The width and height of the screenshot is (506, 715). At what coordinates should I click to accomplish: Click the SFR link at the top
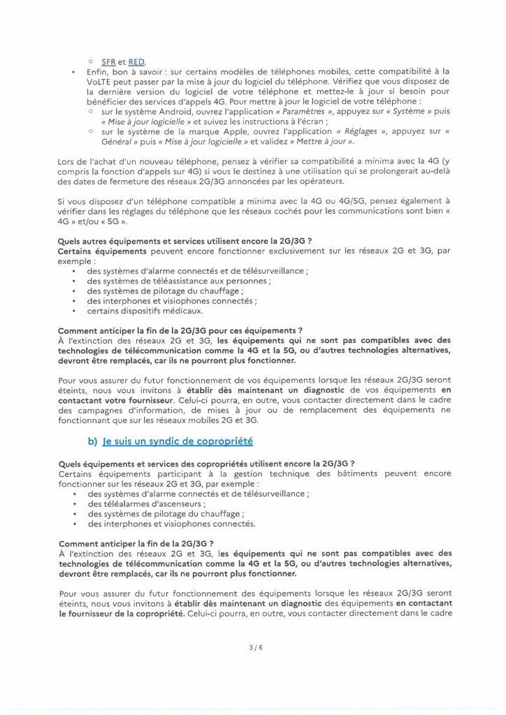pyautogui.click(x=108, y=61)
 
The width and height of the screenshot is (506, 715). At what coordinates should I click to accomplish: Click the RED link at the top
pyautogui.click(x=137, y=61)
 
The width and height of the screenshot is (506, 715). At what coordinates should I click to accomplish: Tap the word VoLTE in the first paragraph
pyautogui.click(x=100, y=82)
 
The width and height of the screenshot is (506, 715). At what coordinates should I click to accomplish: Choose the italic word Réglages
pyautogui.click(x=366, y=131)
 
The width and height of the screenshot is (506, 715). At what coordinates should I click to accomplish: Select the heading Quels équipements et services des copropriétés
pyautogui.click(x=206, y=464)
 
